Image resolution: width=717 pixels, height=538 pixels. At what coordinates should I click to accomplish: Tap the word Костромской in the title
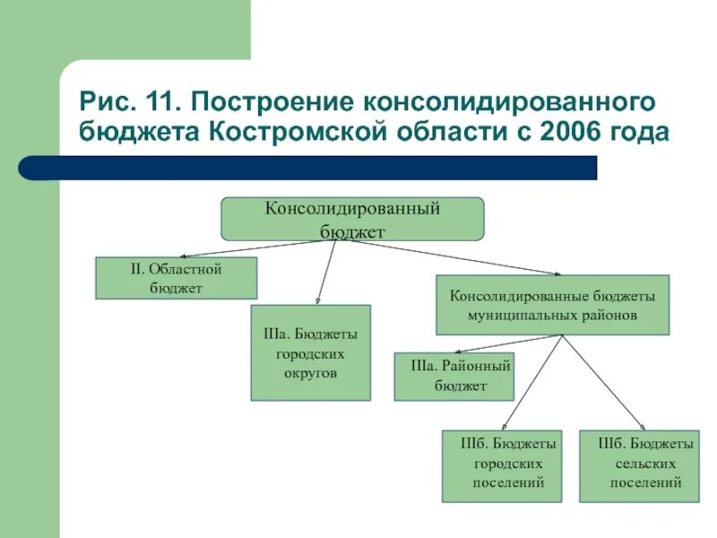(297, 133)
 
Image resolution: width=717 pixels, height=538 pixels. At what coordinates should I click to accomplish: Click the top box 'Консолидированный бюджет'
(352, 219)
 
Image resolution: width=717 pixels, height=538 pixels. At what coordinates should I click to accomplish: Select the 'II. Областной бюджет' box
(177, 278)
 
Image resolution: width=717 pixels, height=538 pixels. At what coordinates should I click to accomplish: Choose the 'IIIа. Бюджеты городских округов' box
(310, 353)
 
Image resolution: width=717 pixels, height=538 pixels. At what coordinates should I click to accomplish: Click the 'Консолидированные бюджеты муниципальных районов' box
(552, 305)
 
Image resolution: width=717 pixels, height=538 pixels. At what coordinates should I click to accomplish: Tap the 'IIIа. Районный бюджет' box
(454, 377)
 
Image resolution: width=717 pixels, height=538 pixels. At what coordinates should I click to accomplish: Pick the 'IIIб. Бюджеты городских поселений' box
(502, 466)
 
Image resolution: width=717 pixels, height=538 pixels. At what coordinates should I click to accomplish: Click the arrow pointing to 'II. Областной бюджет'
(224, 250)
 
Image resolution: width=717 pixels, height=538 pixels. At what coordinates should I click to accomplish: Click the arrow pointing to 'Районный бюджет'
(507, 343)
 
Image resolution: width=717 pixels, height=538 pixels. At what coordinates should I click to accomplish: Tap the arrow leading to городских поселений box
(531, 382)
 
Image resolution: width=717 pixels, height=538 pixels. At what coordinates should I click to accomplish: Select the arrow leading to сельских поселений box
(603, 382)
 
